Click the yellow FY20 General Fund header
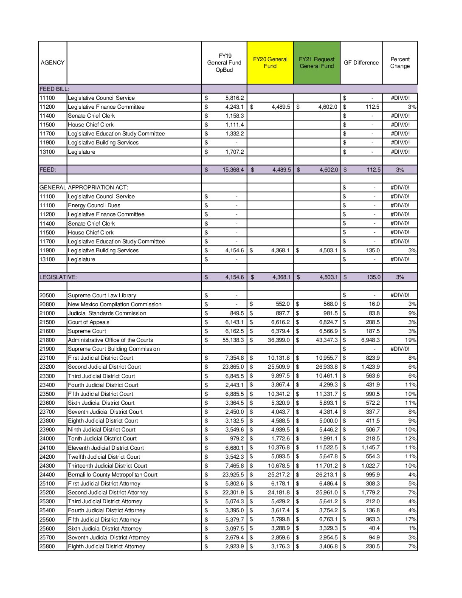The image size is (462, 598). click(x=270, y=62)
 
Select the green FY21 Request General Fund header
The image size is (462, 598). click(x=317, y=62)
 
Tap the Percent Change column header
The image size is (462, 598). click(x=400, y=62)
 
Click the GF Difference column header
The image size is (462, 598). click(x=361, y=62)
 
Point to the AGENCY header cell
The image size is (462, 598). click(x=53, y=62)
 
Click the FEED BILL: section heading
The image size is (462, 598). click(x=54, y=89)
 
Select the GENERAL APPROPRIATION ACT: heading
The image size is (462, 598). click(x=84, y=187)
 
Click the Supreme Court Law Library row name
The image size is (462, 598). click(x=102, y=295)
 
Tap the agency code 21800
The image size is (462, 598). click(x=47, y=340)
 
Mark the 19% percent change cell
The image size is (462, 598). click(x=411, y=340)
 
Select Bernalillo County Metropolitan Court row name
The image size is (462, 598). click(x=113, y=474)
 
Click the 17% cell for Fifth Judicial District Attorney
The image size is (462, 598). click(x=411, y=519)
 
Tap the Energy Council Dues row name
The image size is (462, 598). click(x=94, y=205)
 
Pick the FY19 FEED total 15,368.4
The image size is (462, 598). click(x=233, y=169)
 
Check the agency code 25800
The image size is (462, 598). click(x=47, y=546)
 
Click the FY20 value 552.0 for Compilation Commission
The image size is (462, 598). click(x=282, y=304)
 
